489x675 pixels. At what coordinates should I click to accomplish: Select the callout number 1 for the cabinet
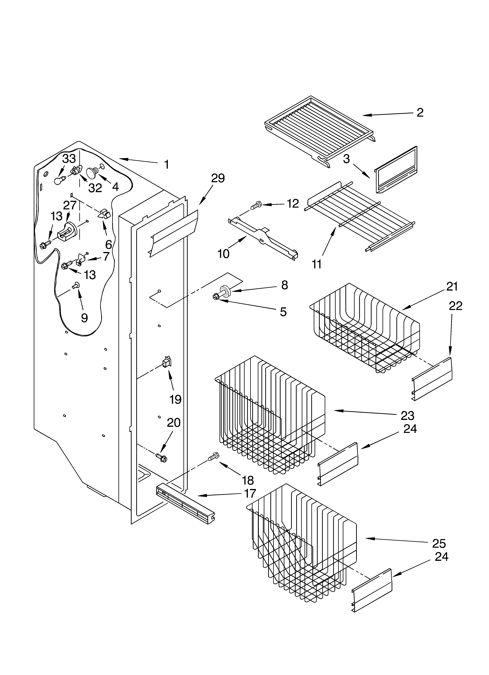click(x=167, y=164)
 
